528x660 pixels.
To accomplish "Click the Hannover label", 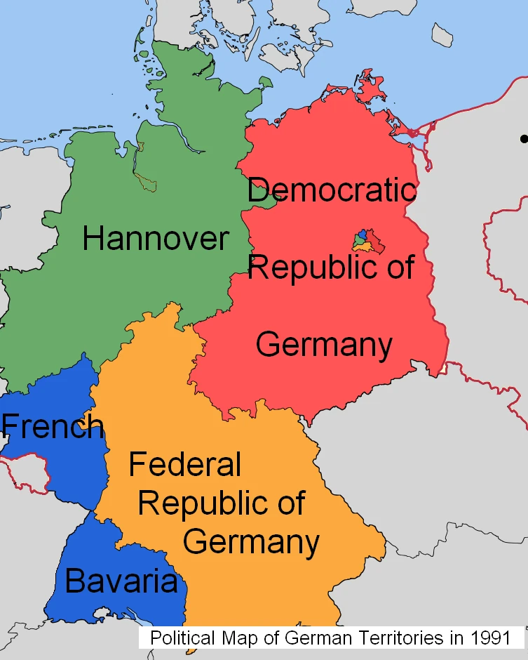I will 155,239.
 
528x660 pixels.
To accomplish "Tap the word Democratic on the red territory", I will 332,190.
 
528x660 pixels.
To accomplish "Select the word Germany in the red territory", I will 324,345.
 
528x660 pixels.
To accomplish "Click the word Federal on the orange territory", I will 185,465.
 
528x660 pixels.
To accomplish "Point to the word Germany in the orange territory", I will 251,542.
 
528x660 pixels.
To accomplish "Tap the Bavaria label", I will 121,582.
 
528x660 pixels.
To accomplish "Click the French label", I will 53,426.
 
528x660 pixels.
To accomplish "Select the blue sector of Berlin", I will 362,235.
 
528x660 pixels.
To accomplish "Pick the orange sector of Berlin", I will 364,247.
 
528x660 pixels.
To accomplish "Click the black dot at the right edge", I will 524,139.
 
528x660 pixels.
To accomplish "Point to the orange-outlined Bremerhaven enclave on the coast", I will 141,147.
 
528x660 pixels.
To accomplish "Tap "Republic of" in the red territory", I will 331,268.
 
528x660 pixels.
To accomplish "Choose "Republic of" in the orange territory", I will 222,503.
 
